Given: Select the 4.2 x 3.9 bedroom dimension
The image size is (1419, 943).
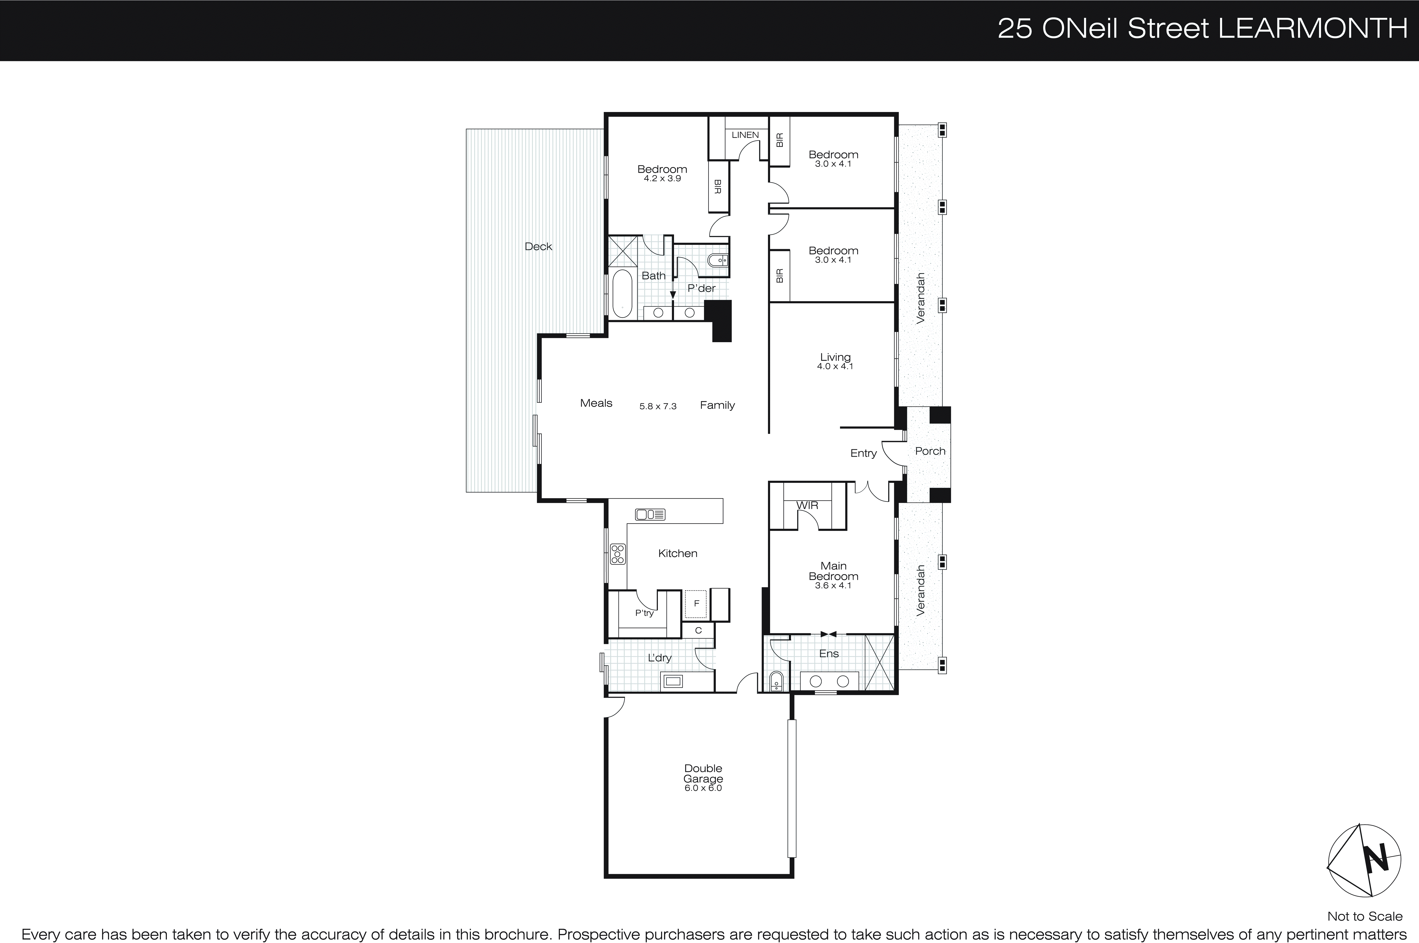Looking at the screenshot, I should tap(662, 179).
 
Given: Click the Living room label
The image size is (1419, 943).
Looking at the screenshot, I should tap(835, 357).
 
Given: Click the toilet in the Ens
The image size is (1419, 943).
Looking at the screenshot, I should tap(776, 681).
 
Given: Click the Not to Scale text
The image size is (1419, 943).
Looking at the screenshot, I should tap(1364, 916).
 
